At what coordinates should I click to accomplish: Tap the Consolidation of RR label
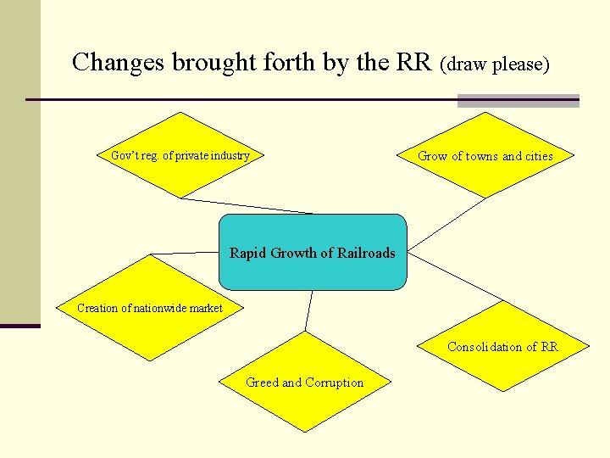tap(502, 347)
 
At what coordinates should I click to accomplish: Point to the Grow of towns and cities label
tap(485, 156)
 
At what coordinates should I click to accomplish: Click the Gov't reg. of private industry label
tap(180, 155)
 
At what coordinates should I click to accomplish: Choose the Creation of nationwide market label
tap(150, 308)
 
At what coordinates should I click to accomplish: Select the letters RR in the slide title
tap(419, 62)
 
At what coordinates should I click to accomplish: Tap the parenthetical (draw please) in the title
tap(496, 64)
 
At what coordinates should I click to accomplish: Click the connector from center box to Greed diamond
tap(308, 310)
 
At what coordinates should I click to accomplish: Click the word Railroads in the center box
tap(366, 253)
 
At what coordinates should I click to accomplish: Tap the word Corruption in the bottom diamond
tap(334, 383)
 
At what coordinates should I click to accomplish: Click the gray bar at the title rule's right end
tap(518, 101)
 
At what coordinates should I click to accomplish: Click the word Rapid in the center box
tap(248, 253)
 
